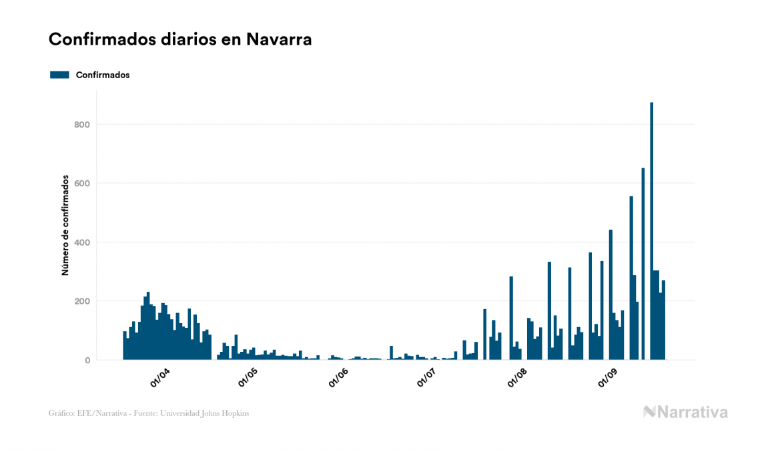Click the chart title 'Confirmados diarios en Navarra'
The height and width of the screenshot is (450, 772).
click(180, 39)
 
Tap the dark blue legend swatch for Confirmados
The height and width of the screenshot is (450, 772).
click(59, 75)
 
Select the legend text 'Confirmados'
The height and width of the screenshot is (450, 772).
click(103, 75)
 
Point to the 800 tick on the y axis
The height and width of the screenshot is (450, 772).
click(81, 124)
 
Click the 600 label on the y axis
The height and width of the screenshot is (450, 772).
click(81, 183)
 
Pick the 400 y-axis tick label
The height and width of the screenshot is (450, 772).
click(81, 242)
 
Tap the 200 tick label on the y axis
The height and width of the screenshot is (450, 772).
click(81, 301)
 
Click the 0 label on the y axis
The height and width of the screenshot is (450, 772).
click(87, 361)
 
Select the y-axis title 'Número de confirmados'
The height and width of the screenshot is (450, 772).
click(65, 226)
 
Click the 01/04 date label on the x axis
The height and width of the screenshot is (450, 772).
click(160, 378)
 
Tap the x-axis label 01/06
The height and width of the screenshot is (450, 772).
click(338, 378)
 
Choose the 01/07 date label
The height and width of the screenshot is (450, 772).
click(426, 378)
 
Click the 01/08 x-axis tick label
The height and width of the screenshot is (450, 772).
click(517, 378)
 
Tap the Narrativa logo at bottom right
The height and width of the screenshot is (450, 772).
click(685, 412)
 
